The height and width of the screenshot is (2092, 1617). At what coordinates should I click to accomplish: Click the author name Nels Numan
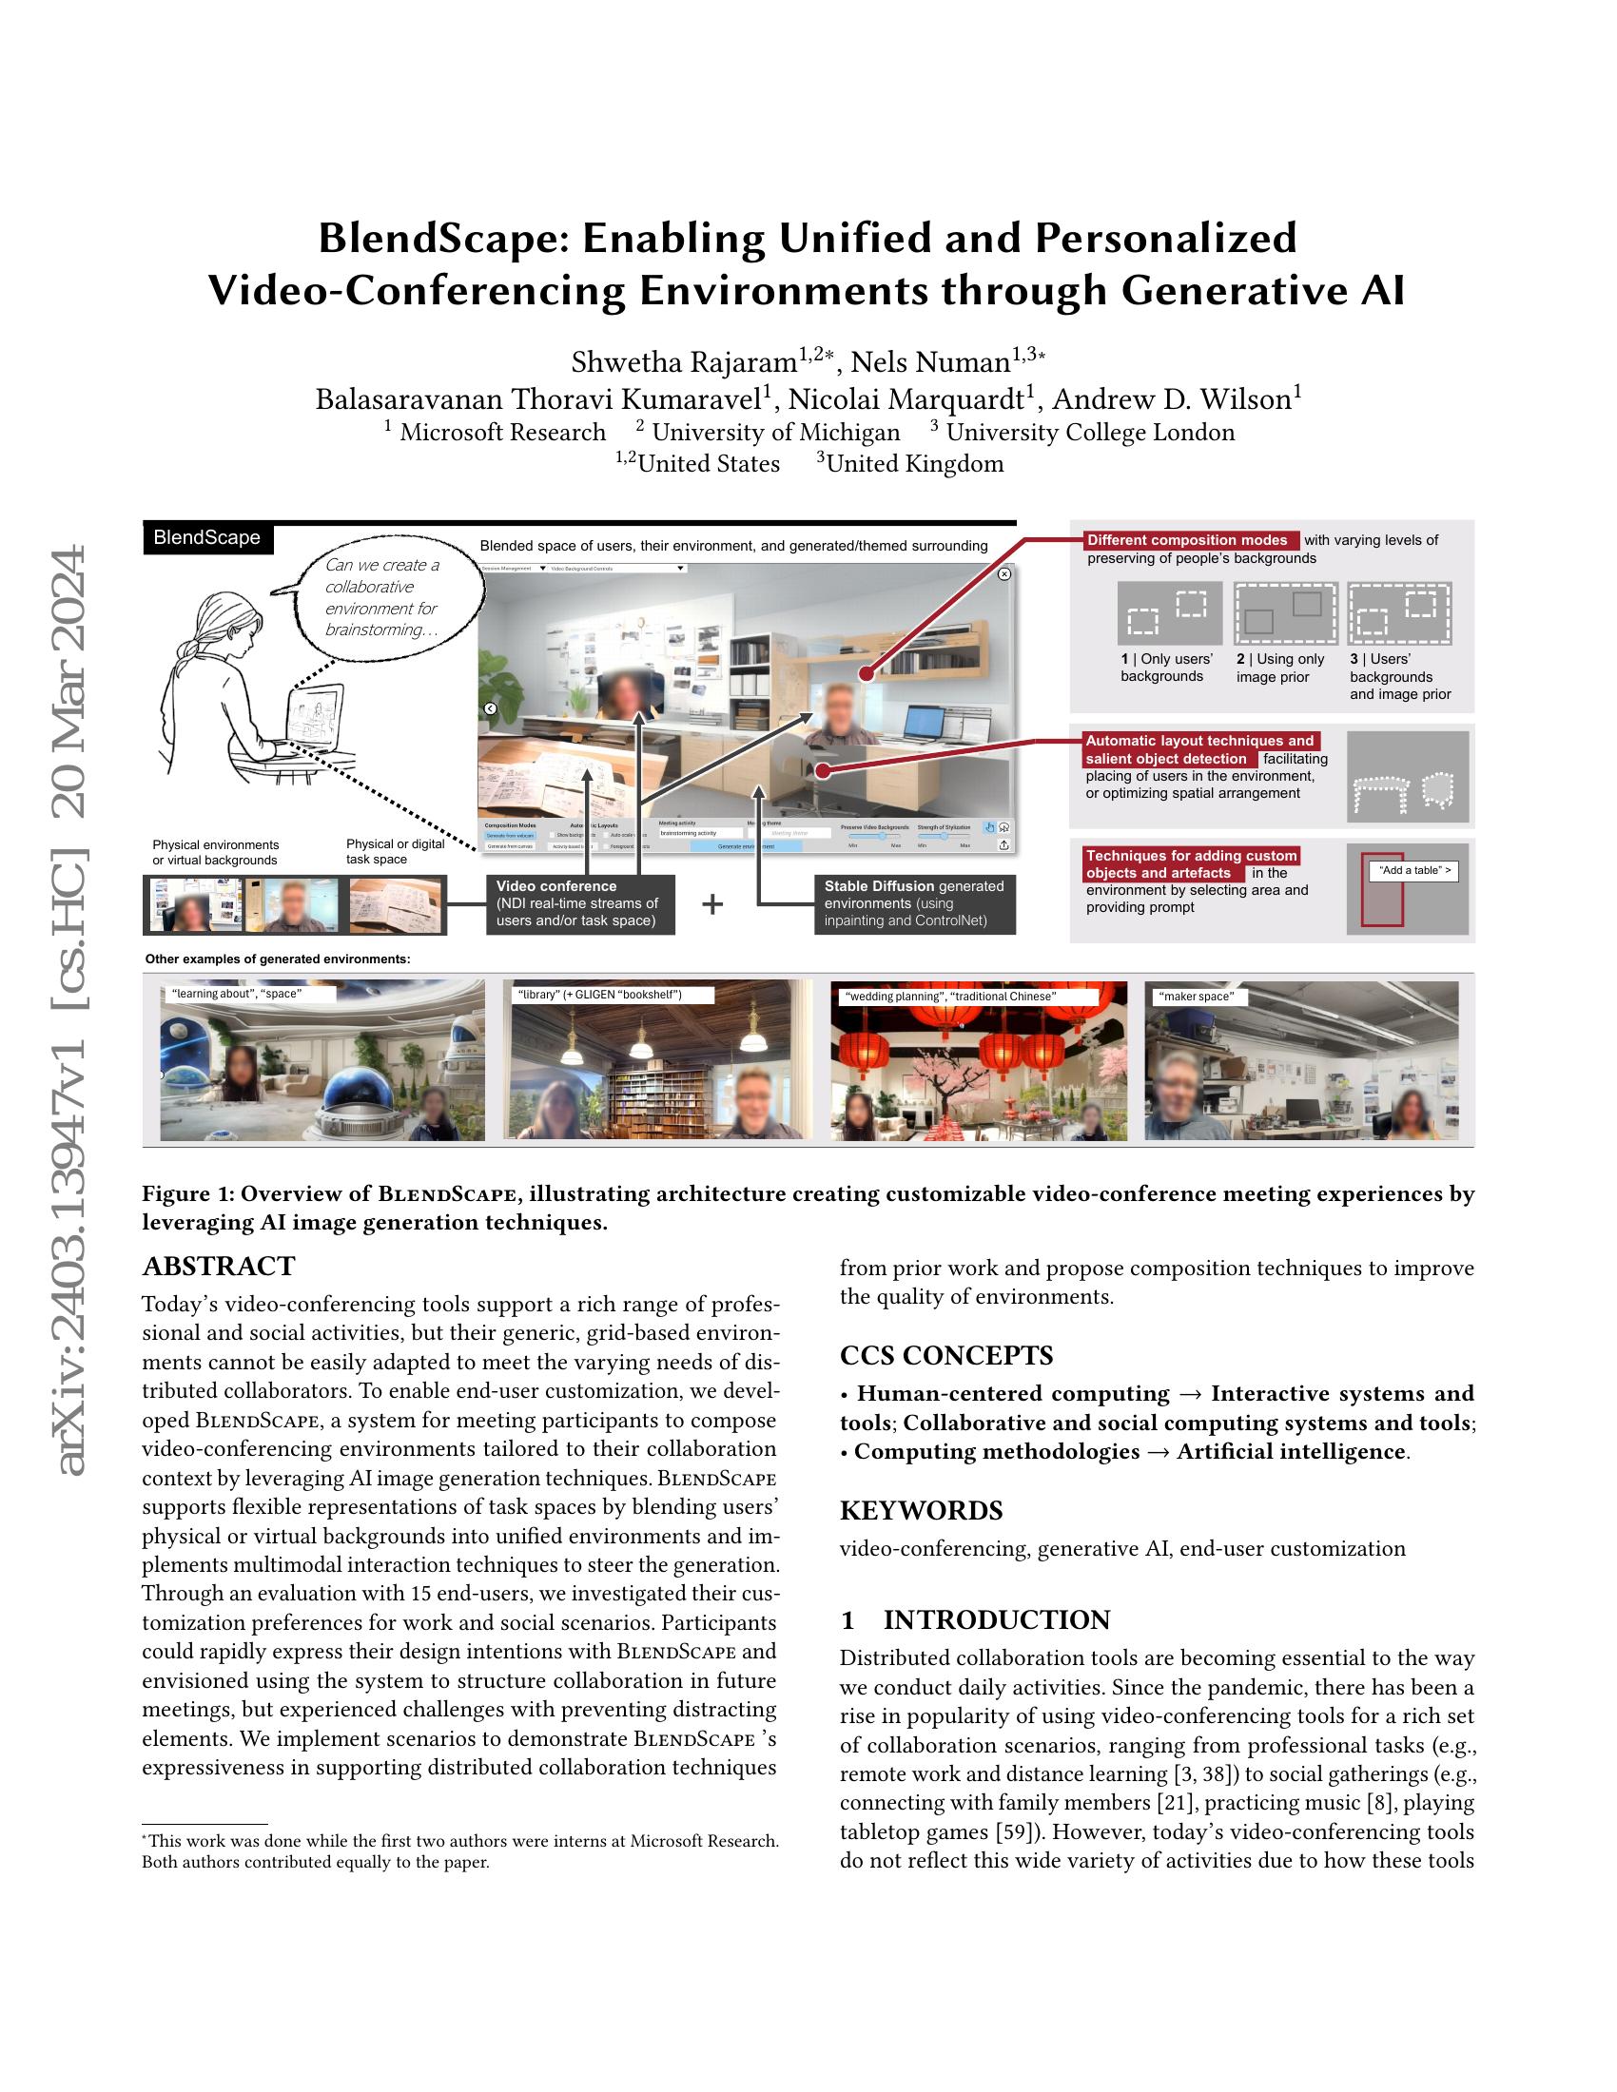click(x=929, y=362)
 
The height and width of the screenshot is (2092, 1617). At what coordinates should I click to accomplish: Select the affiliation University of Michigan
click(x=776, y=433)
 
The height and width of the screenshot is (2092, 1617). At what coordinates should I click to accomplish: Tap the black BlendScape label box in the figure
click(x=208, y=538)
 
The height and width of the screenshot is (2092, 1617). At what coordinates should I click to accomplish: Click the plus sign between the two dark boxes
click(x=711, y=904)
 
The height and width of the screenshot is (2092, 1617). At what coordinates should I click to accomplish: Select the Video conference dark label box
click(x=579, y=903)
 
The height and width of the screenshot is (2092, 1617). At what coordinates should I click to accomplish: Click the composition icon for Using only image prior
click(x=1285, y=613)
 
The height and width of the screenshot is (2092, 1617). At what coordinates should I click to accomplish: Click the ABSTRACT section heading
click(x=219, y=1267)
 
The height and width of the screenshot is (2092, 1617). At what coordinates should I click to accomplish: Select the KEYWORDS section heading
click(x=921, y=1511)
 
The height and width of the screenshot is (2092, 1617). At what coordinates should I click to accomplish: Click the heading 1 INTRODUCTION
click(x=975, y=1619)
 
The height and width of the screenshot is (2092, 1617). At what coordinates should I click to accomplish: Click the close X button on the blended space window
click(x=1003, y=573)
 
